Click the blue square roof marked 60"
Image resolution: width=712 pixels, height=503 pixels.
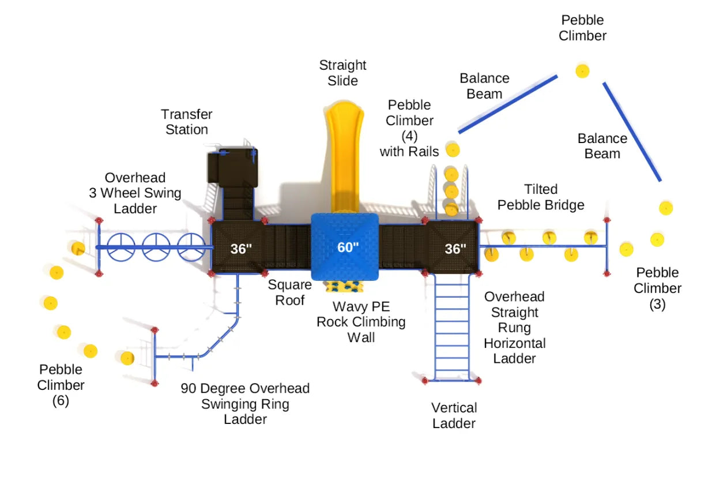(345, 247)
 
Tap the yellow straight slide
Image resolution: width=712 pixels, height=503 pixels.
(345, 156)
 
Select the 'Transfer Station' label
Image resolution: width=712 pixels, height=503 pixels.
(187, 122)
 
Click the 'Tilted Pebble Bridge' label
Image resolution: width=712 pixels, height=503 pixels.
(541, 197)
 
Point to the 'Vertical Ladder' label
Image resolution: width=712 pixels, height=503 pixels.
(454, 415)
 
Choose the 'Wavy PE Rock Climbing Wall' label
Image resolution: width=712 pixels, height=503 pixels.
(361, 322)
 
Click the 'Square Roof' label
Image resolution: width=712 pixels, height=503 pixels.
(289, 292)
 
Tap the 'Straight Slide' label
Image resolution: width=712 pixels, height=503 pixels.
(343, 73)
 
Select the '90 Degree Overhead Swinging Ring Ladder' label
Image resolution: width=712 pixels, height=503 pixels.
(245, 404)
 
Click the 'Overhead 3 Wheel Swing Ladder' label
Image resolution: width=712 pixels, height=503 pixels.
(135, 193)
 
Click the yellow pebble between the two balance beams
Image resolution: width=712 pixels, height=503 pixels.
(582, 71)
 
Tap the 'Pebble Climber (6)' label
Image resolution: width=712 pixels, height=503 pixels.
(61, 385)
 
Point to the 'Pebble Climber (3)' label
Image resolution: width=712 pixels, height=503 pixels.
(657, 288)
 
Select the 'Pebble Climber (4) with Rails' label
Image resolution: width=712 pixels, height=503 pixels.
(409, 128)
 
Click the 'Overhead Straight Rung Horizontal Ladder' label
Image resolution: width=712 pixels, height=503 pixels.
(514, 327)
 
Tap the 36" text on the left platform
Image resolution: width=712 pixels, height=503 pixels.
(242, 249)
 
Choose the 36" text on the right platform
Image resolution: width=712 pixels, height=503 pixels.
(455, 249)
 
